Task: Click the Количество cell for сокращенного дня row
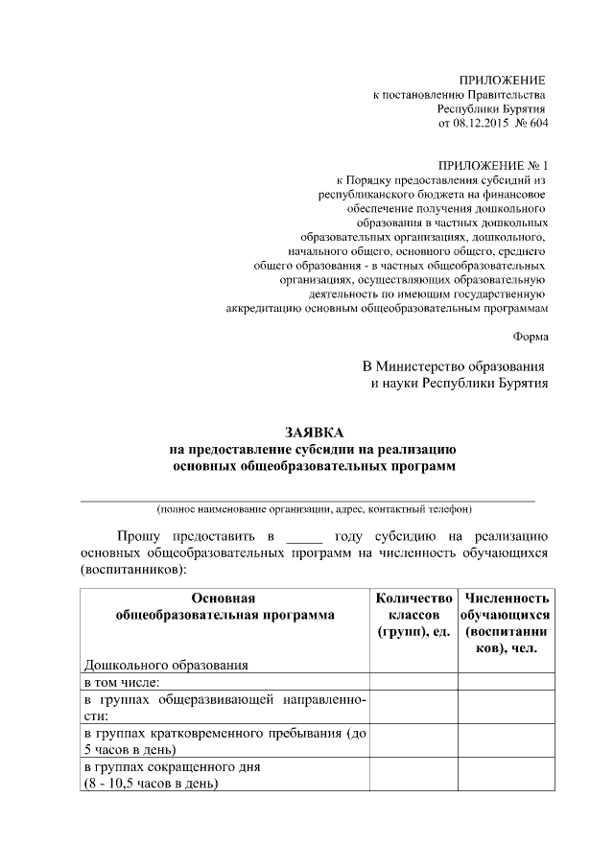(x=413, y=775)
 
